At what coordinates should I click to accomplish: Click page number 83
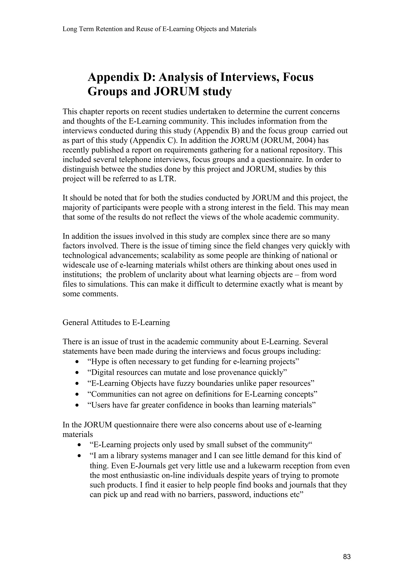pos(347,557)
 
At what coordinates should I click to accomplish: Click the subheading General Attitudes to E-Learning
pos(116,323)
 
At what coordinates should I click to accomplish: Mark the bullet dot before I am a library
pos(80,456)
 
